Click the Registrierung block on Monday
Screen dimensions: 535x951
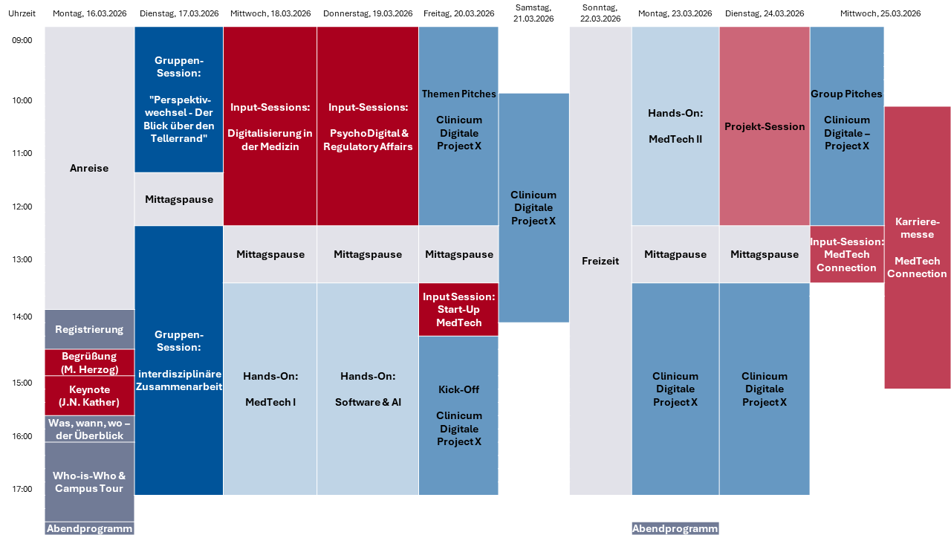point(89,329)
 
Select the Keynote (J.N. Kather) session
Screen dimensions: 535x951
point(89,396)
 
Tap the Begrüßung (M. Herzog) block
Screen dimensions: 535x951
point(89,363)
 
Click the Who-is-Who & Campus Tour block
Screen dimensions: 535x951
point(89,481)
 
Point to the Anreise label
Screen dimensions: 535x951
point(89,168)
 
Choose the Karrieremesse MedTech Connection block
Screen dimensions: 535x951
point(917,247)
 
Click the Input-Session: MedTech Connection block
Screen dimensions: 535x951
point(847,254)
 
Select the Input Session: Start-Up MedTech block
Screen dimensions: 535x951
point(458,309)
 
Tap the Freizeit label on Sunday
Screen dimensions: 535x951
point(600,261)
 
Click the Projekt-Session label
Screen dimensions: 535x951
point(765,126)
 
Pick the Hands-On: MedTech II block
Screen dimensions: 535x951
point(675,126)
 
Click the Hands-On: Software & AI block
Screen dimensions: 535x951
point(368,389)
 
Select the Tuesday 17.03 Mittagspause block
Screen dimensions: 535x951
point(179,199)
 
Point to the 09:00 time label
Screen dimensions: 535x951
point(22,40)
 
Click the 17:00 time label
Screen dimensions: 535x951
point(22,489)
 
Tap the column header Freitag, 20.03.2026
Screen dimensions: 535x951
point(458,13)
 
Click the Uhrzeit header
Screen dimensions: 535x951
point(22,13)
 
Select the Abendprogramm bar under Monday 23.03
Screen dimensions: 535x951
point(675,528)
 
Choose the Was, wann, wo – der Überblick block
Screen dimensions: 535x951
point(89,429)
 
